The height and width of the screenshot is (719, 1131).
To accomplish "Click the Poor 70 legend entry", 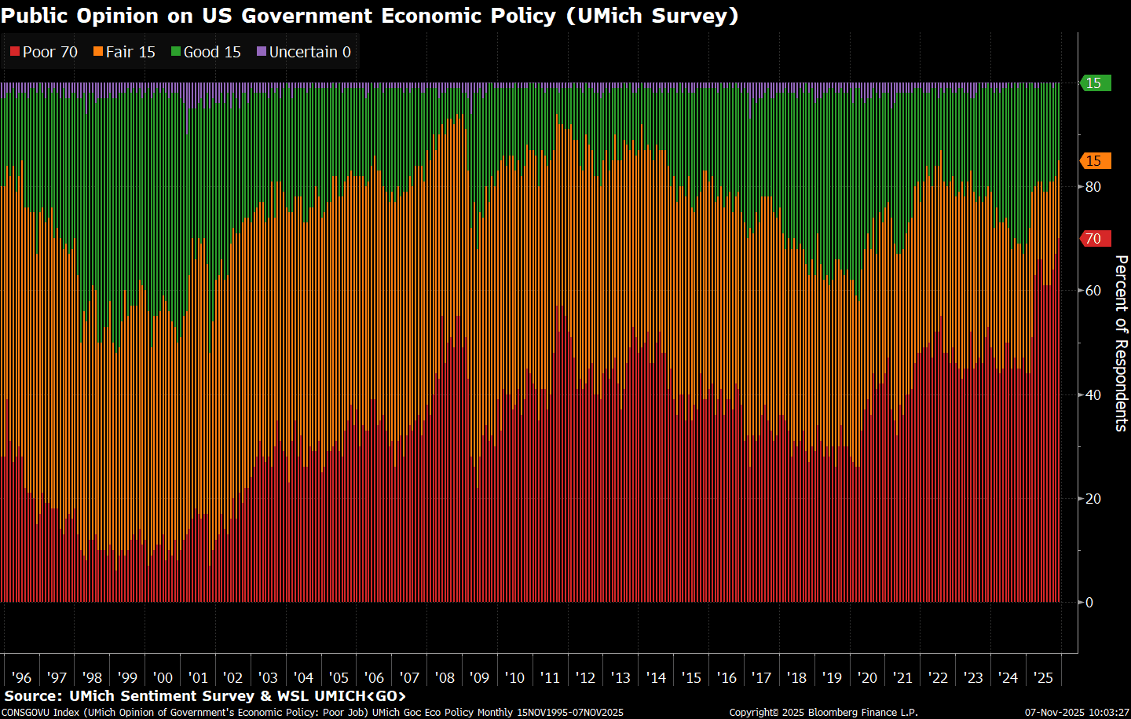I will [x=44, y=52].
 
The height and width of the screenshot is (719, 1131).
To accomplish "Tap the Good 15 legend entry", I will [x=206, y=52].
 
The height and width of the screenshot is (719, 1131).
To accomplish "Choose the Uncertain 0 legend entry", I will [x=304, y=52].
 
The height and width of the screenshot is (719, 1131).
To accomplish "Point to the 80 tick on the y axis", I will [x=1093, y=187].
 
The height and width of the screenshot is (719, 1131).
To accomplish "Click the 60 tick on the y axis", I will [x=1093, y=291].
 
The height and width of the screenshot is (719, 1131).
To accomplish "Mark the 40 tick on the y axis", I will [x=1093, y=394].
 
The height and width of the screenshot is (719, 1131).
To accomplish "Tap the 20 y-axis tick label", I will [x=1093, y=499].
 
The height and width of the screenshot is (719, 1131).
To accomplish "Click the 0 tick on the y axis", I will [x=1089, y=603].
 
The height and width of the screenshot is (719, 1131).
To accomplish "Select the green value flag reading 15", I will [x=1095, y=83].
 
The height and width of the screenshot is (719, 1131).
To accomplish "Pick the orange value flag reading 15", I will [x=1095, y=161].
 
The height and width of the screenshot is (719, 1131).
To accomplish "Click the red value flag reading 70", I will [x=1095, y=239].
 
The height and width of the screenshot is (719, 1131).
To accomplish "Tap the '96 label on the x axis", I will [x=21, y=677].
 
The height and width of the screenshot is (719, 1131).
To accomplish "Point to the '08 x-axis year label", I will [x=445, y=677].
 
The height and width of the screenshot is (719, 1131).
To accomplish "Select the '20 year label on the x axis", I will [x=867, y=677].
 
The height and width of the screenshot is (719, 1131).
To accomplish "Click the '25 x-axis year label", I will [x=1043, y=677].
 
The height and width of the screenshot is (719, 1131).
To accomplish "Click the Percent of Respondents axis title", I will [x=1122, y=343].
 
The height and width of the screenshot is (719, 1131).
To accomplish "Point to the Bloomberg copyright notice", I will [x=823, y=713].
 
